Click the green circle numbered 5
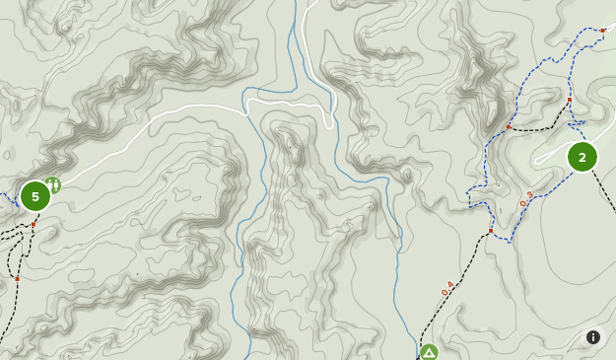pyautogui.click(x=35, y=196)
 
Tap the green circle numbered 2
pyautogui.click(x=582, y=157)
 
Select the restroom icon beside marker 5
pyautogui.click(x=53, y=183)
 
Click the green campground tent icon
pyautogui.click(x=429, y=352)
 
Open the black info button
pyautogui.click(x=593, y=337)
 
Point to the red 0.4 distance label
pyautogui.click(x=448, y=288)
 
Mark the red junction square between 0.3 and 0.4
pyautogui.click(x=491, y=231)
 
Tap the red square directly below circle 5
pyautogui.click(x=33, y=225)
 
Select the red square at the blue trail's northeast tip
pyautogui.click(x=603, y=31)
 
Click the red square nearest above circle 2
pyautogui.click(x=570, y=100)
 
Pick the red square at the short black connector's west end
pyautogui.click(x=509, y=127)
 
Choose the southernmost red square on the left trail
pyautogui.click(x=17, y=279)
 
